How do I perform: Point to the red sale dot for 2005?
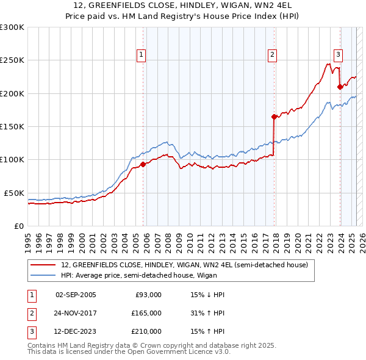[143, 164]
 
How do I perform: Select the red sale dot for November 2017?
[274, 117]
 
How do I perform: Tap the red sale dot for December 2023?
[340, 87]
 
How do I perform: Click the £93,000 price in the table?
[148, 295]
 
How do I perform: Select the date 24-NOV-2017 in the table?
[76, 313]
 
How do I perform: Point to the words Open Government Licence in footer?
[158, 352]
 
